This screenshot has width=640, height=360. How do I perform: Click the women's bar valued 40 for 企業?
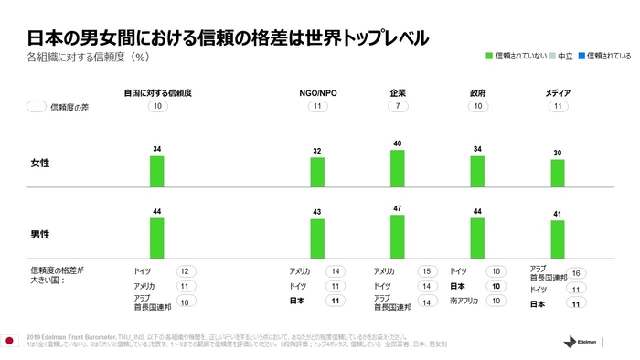pos(397,168)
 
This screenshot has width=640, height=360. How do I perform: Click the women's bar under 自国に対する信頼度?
pos(157,171)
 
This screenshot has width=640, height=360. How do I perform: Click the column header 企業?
pos(397,93)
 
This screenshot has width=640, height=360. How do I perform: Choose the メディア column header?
pos(558,93)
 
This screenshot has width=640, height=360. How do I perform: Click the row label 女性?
pos(41,162)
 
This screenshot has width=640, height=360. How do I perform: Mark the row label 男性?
pos(41,234)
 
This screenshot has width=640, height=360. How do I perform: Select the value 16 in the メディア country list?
pos(577,273)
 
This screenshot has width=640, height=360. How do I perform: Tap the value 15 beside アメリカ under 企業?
pos(425,271)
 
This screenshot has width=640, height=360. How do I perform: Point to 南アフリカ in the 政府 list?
pos(465,301)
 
